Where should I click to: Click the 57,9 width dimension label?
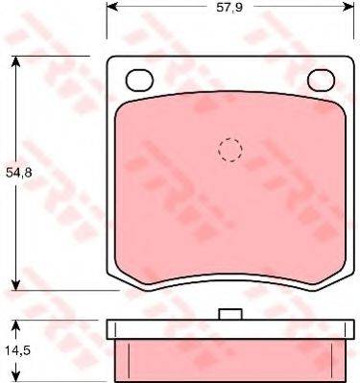pyautogui.click(x=229, y=7)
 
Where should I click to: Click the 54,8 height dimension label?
pyautogui.click(x=19, y=173)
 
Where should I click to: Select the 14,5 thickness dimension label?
pyautogui.click(x=17, y=350)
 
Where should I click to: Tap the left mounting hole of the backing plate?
pyautogui.click(x=139, y=80)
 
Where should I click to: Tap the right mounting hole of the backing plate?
pyautogui.click(x=321, y=80)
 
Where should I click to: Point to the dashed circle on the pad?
pyautogui.click(x=230, y=150)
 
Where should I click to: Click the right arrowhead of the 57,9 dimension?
pyautogui.click(x=348, y=7)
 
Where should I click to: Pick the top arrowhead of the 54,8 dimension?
pyautogui.click(x=15, y=61)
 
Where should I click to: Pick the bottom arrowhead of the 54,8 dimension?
pyautogui.click(x=15, y=284)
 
